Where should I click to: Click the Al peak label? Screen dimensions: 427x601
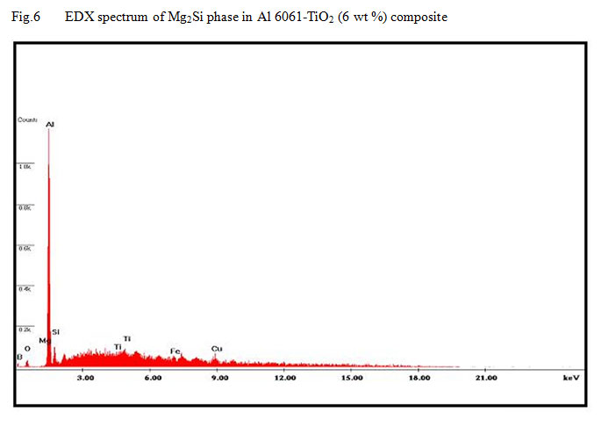point(50,124)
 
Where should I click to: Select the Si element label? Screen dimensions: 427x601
point(55,332)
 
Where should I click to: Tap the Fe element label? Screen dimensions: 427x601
point(175,351)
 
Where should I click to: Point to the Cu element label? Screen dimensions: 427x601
point(216,348)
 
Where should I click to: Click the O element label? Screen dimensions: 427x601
point(27,348)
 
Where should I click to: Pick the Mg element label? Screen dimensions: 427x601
point(43,340)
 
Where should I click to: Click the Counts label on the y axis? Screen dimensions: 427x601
point(26,119)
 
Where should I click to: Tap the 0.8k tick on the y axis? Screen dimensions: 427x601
point(25,207)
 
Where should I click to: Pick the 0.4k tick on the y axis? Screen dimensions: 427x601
point(25,288)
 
